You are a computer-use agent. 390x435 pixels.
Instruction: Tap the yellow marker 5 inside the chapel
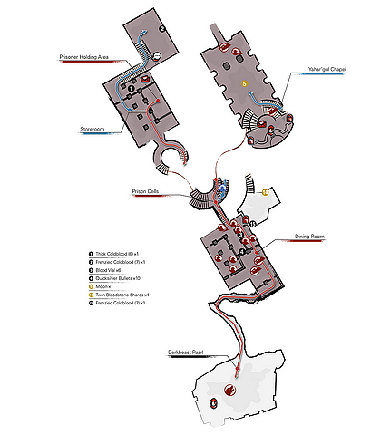pyautogui.click(x=244, y=83)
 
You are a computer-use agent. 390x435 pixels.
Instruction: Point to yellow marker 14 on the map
pyautogui.click(x=265, y=192)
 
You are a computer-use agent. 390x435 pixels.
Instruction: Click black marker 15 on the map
pyautogui.click(x=253, y=223)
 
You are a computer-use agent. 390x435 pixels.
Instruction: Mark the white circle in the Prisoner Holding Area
pyautogui.click(x=156, y=56)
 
